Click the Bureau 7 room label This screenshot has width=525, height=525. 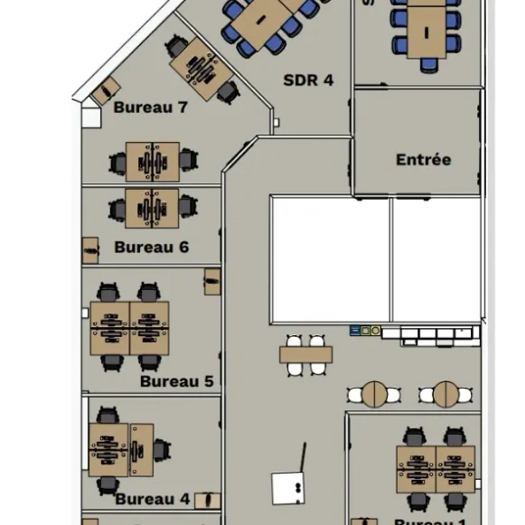[150, 108]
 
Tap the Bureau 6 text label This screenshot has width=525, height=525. [151, 247]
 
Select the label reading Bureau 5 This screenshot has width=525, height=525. [176, 381]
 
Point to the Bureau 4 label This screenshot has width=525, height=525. [152, 499]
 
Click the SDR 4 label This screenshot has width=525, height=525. [308, 80]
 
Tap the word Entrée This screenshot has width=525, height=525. [423, 160]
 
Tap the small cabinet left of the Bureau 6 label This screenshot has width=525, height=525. [90, 248]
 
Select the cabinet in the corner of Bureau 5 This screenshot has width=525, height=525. [212, 281]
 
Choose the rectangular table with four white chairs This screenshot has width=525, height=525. [305, 355]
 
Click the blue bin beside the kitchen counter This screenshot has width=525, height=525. [355, 332]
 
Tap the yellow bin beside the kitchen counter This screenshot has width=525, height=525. [374, 332]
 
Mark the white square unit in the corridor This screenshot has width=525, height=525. [289, 487]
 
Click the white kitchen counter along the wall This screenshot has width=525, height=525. [429, 333]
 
